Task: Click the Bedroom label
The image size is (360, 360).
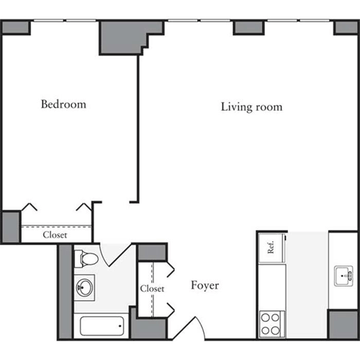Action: [63, 104]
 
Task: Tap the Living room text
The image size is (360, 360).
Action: [251, 107]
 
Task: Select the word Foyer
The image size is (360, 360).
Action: [204, 286]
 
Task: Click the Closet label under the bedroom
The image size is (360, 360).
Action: [55, 235]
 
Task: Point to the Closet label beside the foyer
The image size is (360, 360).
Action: [152, 288]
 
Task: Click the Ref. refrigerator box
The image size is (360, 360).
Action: [271, 247]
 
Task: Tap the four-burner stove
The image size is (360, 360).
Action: [271, 322]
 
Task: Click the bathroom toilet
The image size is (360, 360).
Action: [86, 258]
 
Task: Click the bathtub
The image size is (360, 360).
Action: [102, 327]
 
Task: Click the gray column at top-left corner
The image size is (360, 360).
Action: [15, 27]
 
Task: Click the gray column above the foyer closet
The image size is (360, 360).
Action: [152, 253]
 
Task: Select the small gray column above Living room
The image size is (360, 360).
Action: [247, 27]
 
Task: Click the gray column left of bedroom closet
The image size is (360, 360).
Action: [9, 227]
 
